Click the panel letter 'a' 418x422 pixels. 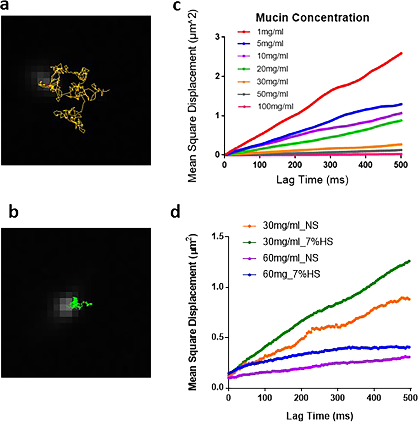coord(4,5)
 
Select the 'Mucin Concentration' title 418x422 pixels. coord(312,18)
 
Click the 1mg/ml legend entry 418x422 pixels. coord(270,32)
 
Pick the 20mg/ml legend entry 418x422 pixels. coord(272,69)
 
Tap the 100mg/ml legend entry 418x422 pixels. coord(275,107)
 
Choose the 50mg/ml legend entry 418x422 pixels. coord(272,94)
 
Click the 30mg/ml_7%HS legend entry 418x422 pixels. coord(297,242)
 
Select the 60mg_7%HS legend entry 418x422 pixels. coord(291,274)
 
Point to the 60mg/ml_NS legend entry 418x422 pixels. coord(290,258)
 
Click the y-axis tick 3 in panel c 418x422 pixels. coord(218,37)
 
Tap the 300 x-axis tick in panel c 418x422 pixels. coord(330,165)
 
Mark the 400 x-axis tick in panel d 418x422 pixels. coord(374,398)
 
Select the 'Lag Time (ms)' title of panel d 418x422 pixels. coord(319,416)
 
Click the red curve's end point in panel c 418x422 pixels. coord(401,53)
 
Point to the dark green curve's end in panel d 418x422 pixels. coord(409,261)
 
